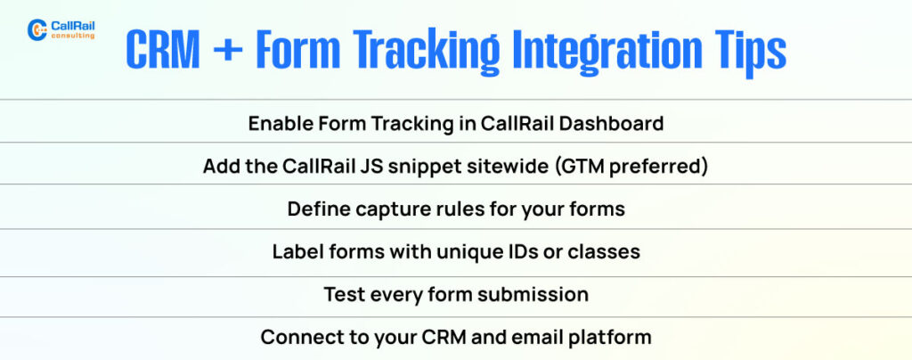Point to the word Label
tap(296, 251)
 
